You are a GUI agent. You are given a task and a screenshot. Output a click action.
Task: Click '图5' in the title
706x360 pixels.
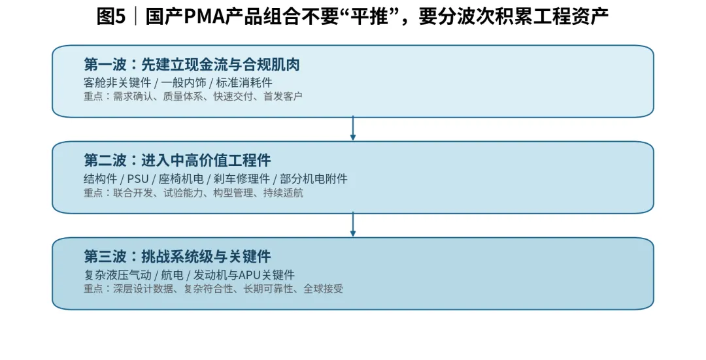110,16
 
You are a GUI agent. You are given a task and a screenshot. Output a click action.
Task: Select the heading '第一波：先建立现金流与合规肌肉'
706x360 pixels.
192,65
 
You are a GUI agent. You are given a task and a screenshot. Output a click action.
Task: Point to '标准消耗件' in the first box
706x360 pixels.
244,83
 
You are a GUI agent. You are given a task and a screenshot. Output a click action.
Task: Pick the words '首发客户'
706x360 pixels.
283,96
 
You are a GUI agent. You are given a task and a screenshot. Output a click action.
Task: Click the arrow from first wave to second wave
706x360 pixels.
353,128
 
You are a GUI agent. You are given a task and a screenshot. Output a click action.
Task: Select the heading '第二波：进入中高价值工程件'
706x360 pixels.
177,161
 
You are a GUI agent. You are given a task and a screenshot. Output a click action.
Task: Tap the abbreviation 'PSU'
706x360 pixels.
137,179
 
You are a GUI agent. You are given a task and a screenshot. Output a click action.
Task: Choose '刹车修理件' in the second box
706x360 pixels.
242,179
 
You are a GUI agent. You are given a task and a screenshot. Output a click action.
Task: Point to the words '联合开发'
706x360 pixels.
133,193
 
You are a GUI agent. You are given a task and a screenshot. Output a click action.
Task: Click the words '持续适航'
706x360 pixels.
283,193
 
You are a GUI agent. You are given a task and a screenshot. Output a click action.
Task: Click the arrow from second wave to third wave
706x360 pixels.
353,225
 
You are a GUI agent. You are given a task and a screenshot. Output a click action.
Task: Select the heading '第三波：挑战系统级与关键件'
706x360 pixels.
177,257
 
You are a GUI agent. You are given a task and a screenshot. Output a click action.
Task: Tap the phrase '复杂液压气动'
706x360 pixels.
118,275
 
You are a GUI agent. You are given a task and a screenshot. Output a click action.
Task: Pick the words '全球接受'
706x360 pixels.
323,289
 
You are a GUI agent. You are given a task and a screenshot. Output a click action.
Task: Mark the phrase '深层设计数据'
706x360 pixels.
143,289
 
